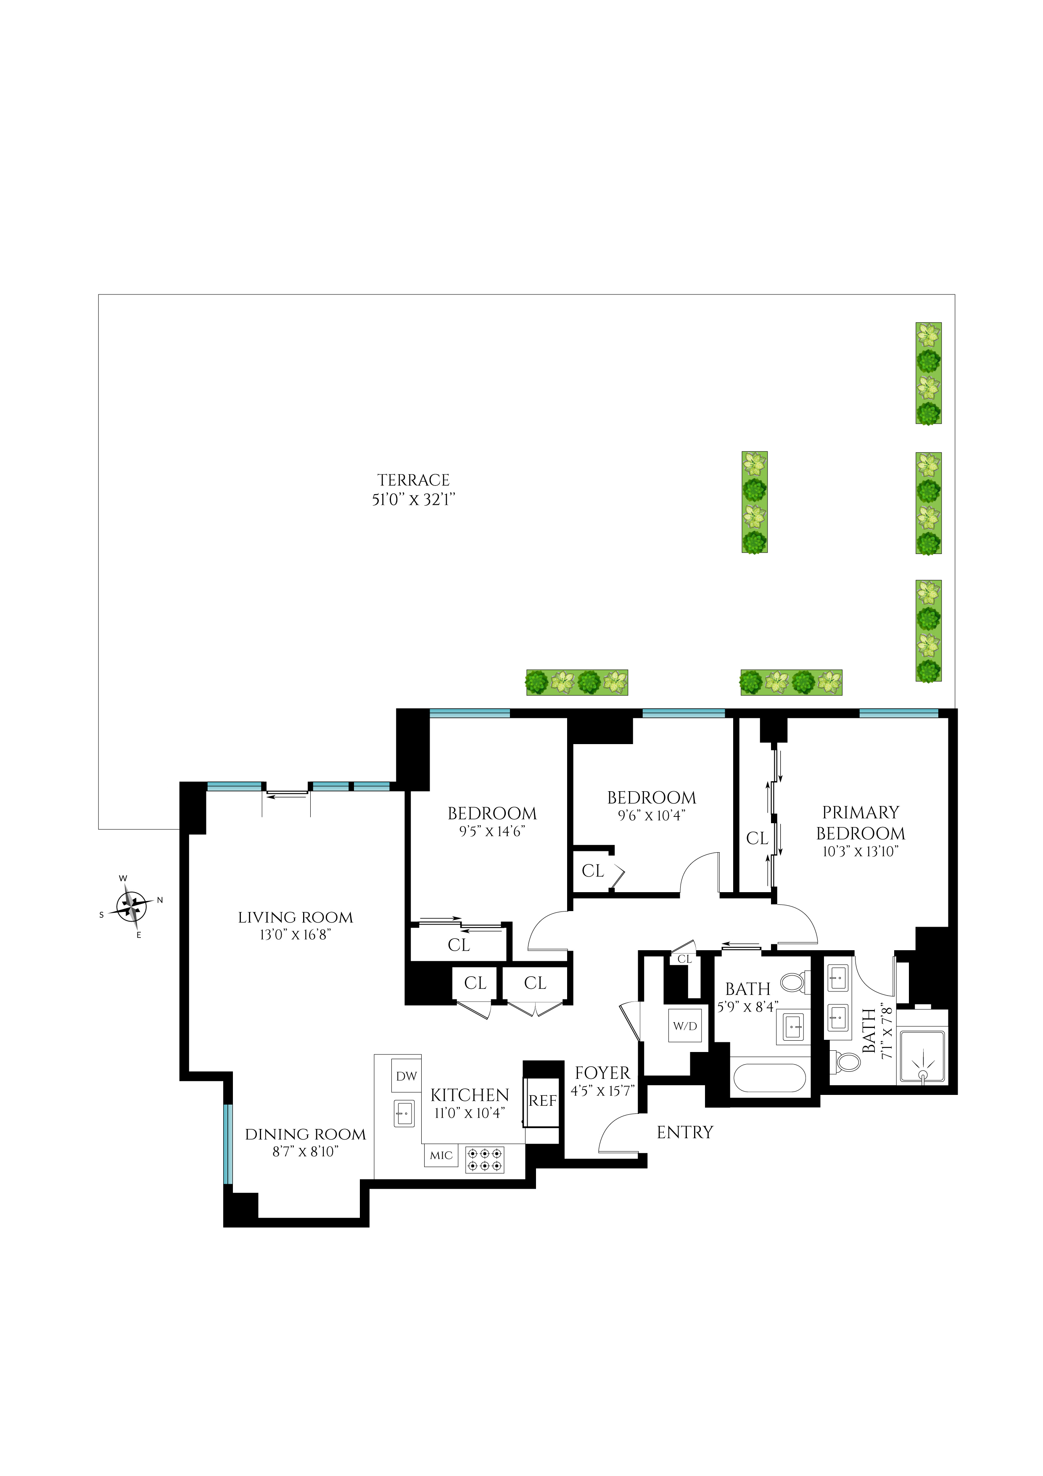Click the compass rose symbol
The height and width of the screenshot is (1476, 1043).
[x=132, y=907]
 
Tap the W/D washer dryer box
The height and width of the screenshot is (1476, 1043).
[x=684, y=1026]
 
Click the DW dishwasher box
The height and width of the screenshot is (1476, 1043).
[x=406, y=1076]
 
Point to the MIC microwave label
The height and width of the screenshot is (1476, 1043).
[x=441, y=1155]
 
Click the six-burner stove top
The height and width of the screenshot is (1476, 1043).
[x=485, y=1160]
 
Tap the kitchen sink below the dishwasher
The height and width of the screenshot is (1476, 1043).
[x=404, y=1113]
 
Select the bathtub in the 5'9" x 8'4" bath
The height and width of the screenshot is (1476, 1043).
[x=769, y=1078]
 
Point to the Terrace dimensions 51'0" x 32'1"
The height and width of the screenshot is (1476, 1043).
[x=413, y=499]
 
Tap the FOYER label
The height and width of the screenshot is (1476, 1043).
[x=602, y=1073]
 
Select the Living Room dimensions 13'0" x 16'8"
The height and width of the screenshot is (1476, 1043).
[x=295, y=935]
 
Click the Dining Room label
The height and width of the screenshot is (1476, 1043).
[x=305, y=1134]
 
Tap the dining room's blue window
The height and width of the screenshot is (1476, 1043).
[x=227, y=1144]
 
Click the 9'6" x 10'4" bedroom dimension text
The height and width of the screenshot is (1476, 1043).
[x=651, y=815]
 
